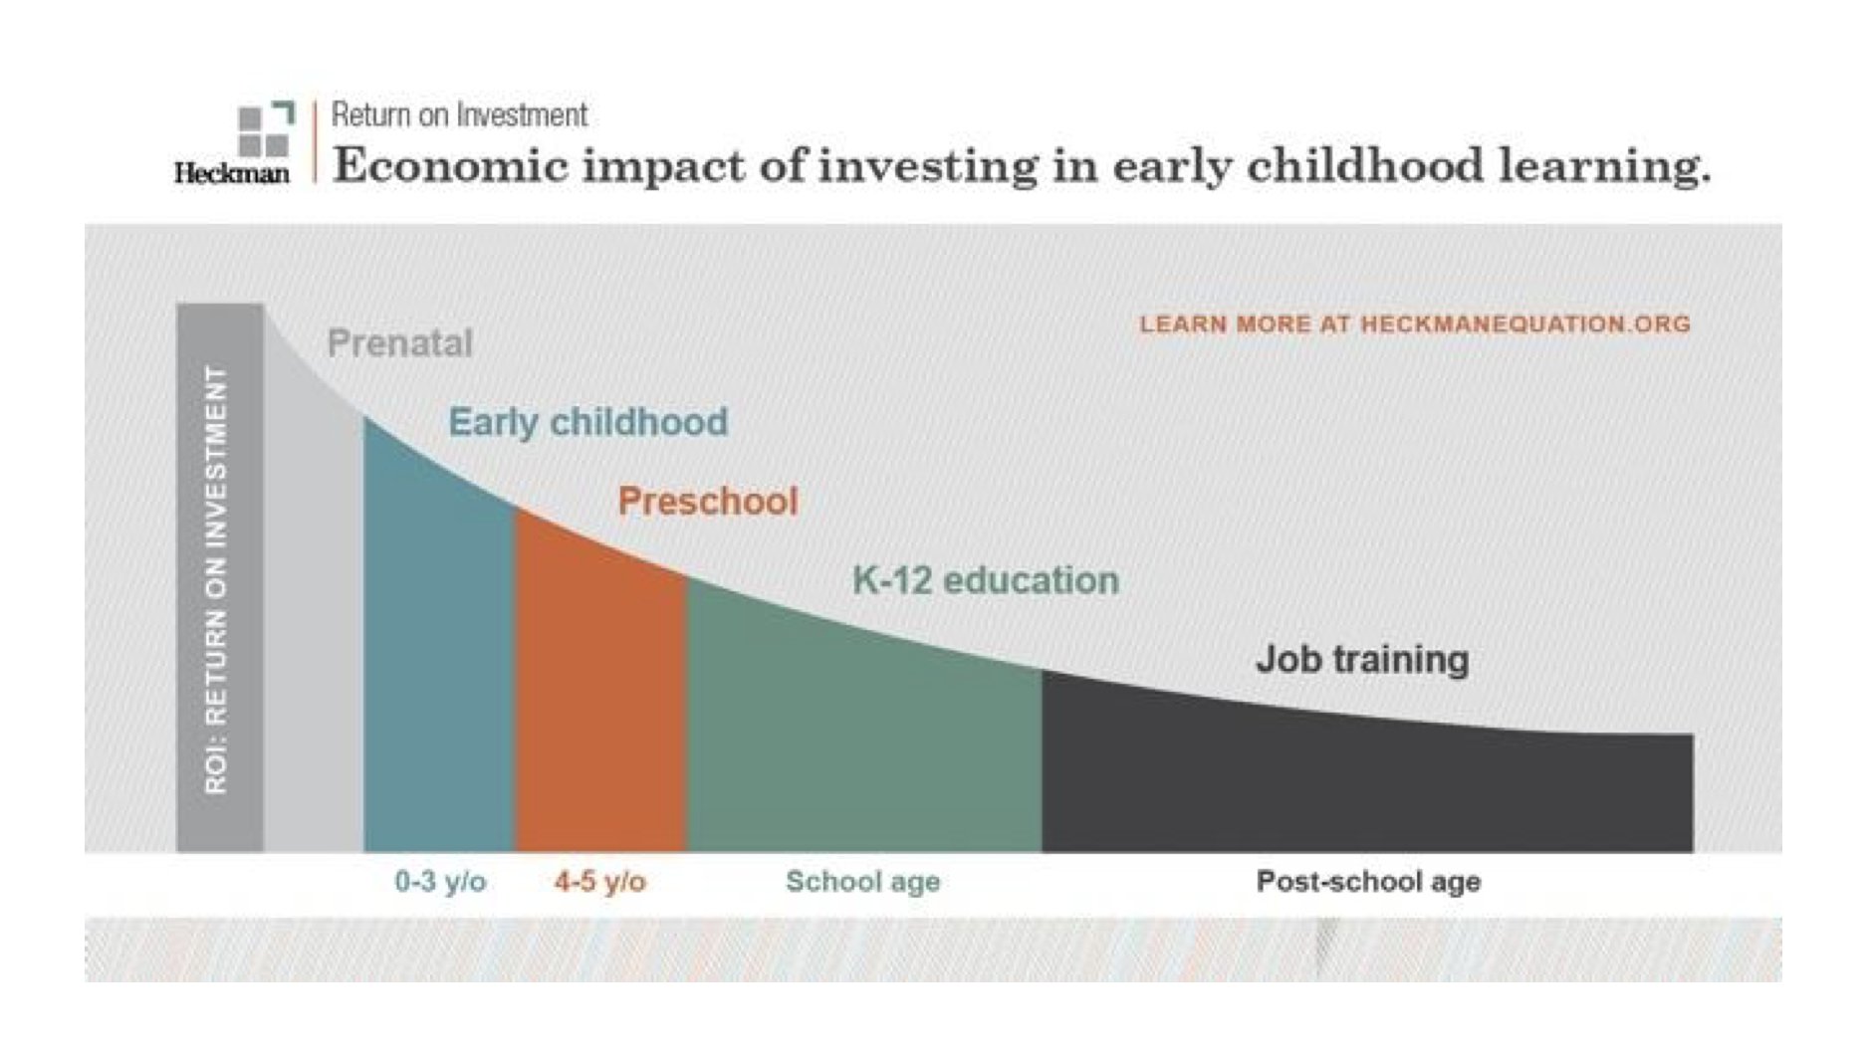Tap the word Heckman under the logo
click(232, 173)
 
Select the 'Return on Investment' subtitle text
click(459, 115)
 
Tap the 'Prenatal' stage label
click(400, 343)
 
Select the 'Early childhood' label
click(588, 422)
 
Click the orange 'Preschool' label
click(708, 501)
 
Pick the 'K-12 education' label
click(986, 580)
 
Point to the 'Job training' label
click(1362, 660)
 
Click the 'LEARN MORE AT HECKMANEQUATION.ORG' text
click(1415, 324)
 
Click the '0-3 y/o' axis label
click(440, 882)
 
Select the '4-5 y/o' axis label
click(599, 882)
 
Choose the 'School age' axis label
click(863, 882)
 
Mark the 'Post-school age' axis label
click(1368, 882)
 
